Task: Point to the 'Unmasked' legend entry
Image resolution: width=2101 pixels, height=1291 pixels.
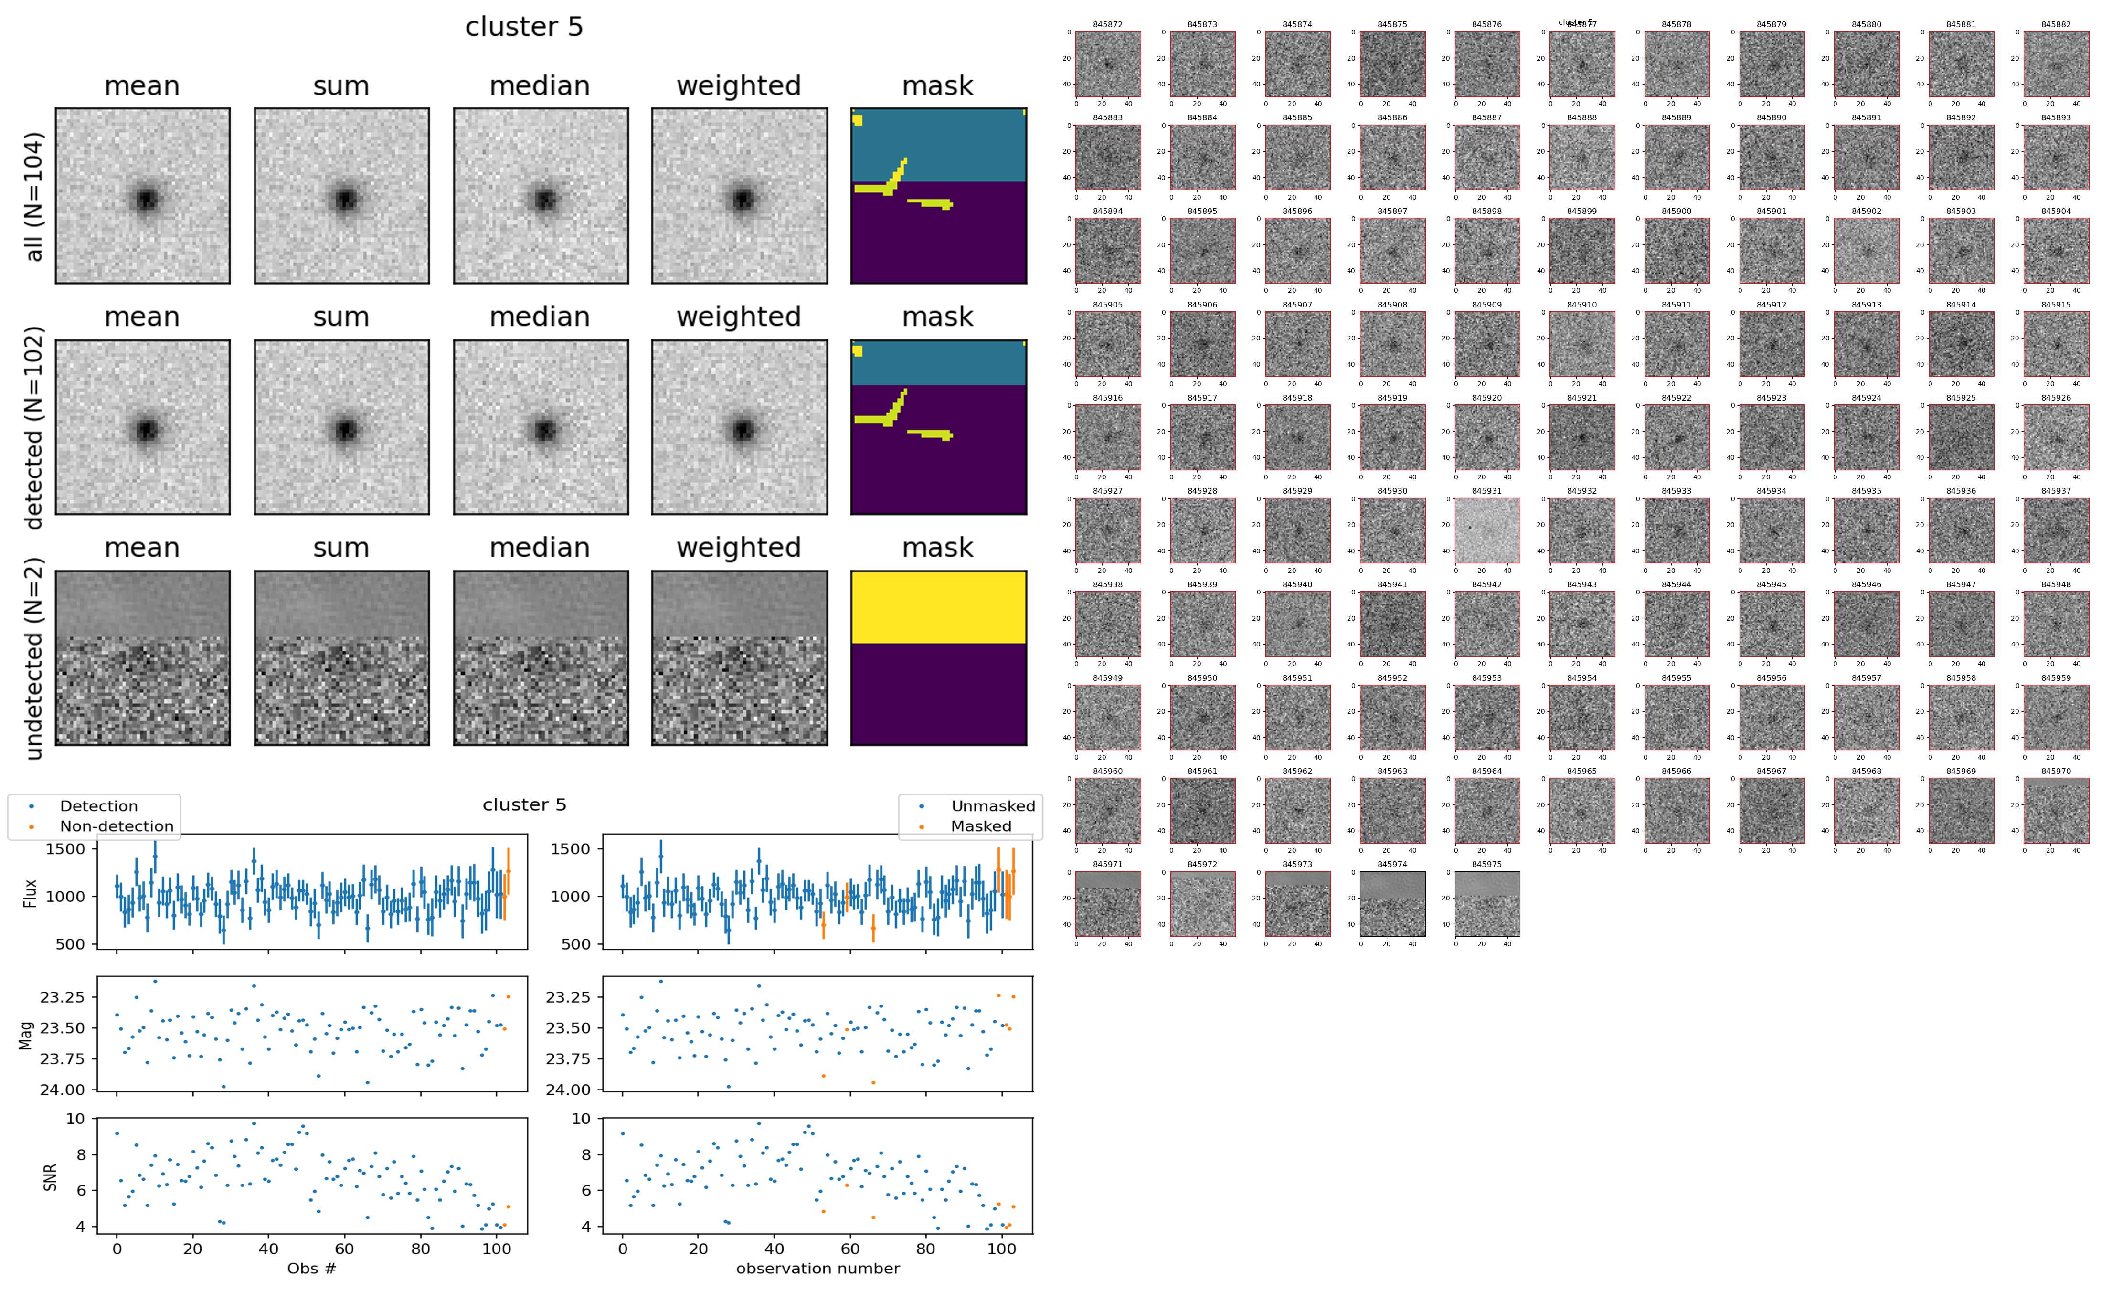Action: point(993,806)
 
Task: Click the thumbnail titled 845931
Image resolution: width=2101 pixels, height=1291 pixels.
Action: point(1486,530)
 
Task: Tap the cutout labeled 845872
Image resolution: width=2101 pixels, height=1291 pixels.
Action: point(1107,64)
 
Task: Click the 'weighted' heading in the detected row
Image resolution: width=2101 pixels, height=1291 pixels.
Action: point(739,317)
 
